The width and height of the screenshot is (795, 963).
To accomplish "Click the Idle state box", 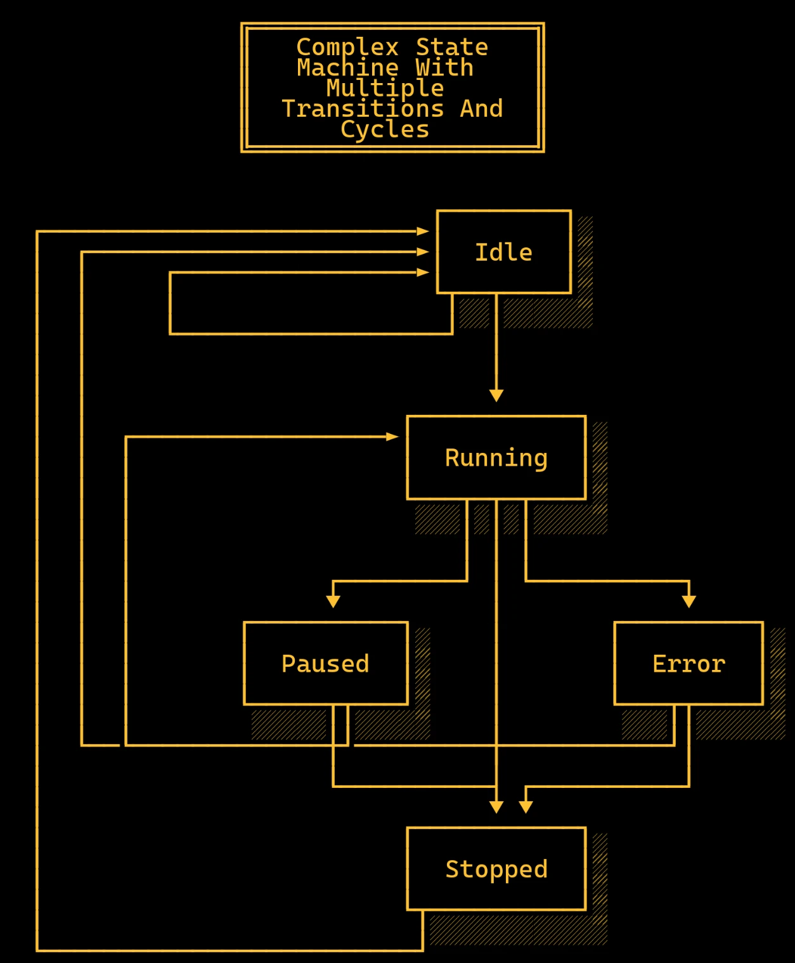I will pos(504,252).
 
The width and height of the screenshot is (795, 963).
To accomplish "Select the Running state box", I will pos(496,457).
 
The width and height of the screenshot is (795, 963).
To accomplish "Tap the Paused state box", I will pos(325,663).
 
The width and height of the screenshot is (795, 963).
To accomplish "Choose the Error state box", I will pos(688,663).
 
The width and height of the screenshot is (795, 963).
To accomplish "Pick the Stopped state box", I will pos(496,868).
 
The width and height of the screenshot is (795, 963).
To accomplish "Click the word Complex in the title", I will pos(347,47).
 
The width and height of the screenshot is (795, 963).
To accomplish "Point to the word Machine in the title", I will pos(347,67).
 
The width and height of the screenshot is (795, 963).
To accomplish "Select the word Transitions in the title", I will pos(363,108).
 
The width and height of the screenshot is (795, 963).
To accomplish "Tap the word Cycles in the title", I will pos(385,129).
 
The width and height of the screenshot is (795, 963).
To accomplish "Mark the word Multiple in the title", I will pos(385,88).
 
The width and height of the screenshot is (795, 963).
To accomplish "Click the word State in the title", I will pos(452,47).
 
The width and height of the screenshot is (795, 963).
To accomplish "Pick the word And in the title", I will pos(482,108).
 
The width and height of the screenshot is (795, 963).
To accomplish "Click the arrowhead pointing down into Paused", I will pos(333,601).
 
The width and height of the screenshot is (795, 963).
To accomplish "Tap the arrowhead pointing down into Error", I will pos(689,601).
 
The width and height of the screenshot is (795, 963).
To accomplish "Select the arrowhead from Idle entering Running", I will pos(496,395).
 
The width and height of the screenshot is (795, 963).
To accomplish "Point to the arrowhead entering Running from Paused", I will pos(392,436).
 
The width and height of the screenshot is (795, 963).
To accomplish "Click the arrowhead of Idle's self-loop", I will pos(422,272).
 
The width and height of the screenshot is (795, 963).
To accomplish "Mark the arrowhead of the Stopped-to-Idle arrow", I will pos(422,232).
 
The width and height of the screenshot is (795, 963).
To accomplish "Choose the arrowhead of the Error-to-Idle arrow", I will pos(422,252).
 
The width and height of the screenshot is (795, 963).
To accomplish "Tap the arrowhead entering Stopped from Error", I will pos(526,806).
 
